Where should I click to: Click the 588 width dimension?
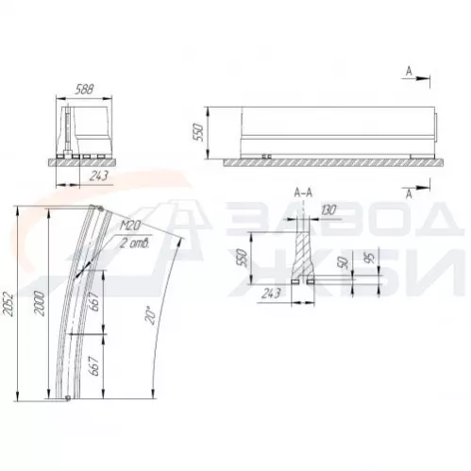coord(85,90)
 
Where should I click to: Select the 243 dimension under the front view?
coord(99,176)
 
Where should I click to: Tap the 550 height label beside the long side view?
coord(199,132)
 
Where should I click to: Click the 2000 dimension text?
coord(40,303)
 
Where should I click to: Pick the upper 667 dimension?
coord(94,301)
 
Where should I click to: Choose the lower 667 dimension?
coord(94,366)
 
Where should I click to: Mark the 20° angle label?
coord(150,314)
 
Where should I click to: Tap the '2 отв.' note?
coord(135,244)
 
